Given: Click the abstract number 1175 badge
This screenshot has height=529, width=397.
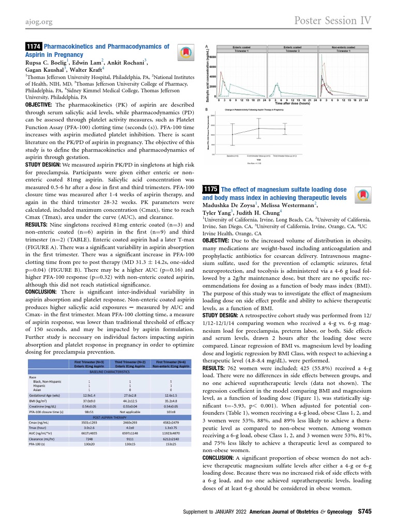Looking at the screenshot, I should (x=211, y=189).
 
